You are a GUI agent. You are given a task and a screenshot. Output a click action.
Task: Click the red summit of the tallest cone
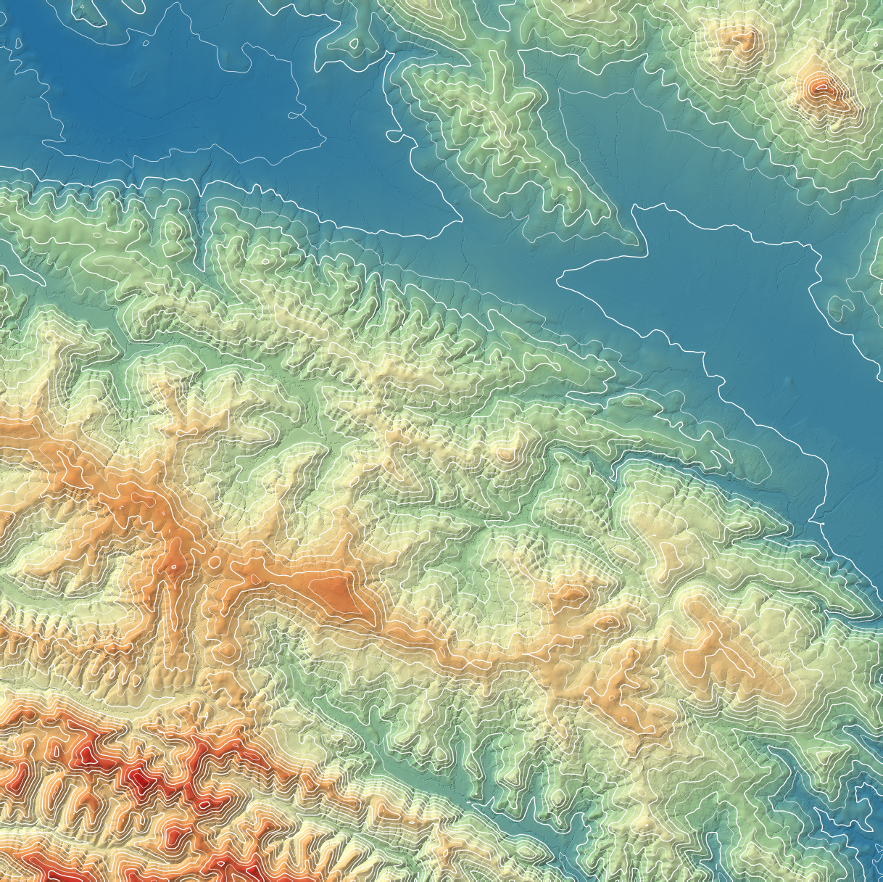(x=820, y=88)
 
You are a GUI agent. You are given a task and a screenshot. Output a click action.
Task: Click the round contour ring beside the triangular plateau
(x=215, y=562)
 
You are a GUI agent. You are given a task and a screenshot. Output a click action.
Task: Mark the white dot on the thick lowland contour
(x=823, y=522)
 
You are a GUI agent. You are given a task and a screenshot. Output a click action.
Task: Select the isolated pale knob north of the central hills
(x=505, y=453)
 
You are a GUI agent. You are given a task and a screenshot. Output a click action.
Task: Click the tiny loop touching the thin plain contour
(x=293, y=115)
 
